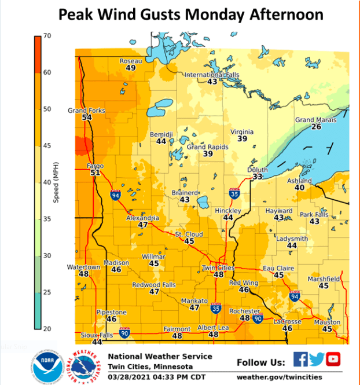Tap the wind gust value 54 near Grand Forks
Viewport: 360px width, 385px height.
pyautogui.click(x=87, y=118)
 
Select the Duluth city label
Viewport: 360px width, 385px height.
pyautogui.click(x=258, y=170)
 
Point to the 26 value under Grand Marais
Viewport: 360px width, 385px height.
pyautogui.click(x=316, y=127)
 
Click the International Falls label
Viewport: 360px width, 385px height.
pyautogui.click(x=212, y=75)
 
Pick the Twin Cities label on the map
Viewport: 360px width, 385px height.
pyautogui.click(x=218, y=268)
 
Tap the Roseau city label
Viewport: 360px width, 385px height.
pyautogui.click(x=130, y=61)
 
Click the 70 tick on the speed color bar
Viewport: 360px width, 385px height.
pyautogui.click(x=47, y=36)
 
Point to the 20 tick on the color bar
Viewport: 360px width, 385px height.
pyautogui.click(x=47, y=328)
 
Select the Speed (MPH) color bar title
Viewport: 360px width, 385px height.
pyautogui.click(x=56, y=182)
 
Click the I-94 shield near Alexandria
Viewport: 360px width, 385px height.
pyautogui.click(x=116, y=195)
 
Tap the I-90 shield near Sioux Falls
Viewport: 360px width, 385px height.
pyautogui.click(x=124, y=333)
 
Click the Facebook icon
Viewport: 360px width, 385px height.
pyautogui.click(x=300, y=360)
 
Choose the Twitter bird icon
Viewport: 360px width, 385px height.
pyautogui.click(x=317, y=360)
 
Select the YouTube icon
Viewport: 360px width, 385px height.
pyautogui.click(x=333, y=360)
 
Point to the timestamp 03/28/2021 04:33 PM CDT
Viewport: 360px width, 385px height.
pyautogui.click(x=153, y=377)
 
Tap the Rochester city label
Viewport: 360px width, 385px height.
pyautogui.click(x=245, y=311)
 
